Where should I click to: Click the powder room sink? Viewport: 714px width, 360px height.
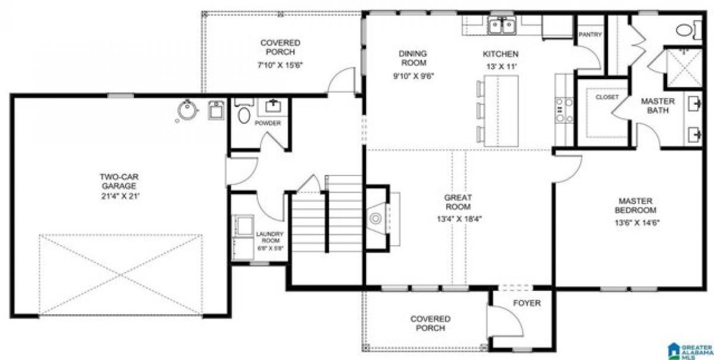tap(273, 106)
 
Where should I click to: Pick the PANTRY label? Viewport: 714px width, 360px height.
tap(590, 35)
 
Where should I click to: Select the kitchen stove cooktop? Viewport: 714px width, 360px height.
tap(563, 109)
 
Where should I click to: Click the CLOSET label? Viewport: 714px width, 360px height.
tap(607, 97)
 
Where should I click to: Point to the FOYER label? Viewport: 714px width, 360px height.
tap(527, 303)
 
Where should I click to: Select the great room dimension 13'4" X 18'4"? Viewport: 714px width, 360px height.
tap(458, 218)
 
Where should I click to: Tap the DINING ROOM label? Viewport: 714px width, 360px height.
tap(412, 58)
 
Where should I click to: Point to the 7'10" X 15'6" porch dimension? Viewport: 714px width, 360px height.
tap(280, 65)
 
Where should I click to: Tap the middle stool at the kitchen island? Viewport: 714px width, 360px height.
tap(479, 110)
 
